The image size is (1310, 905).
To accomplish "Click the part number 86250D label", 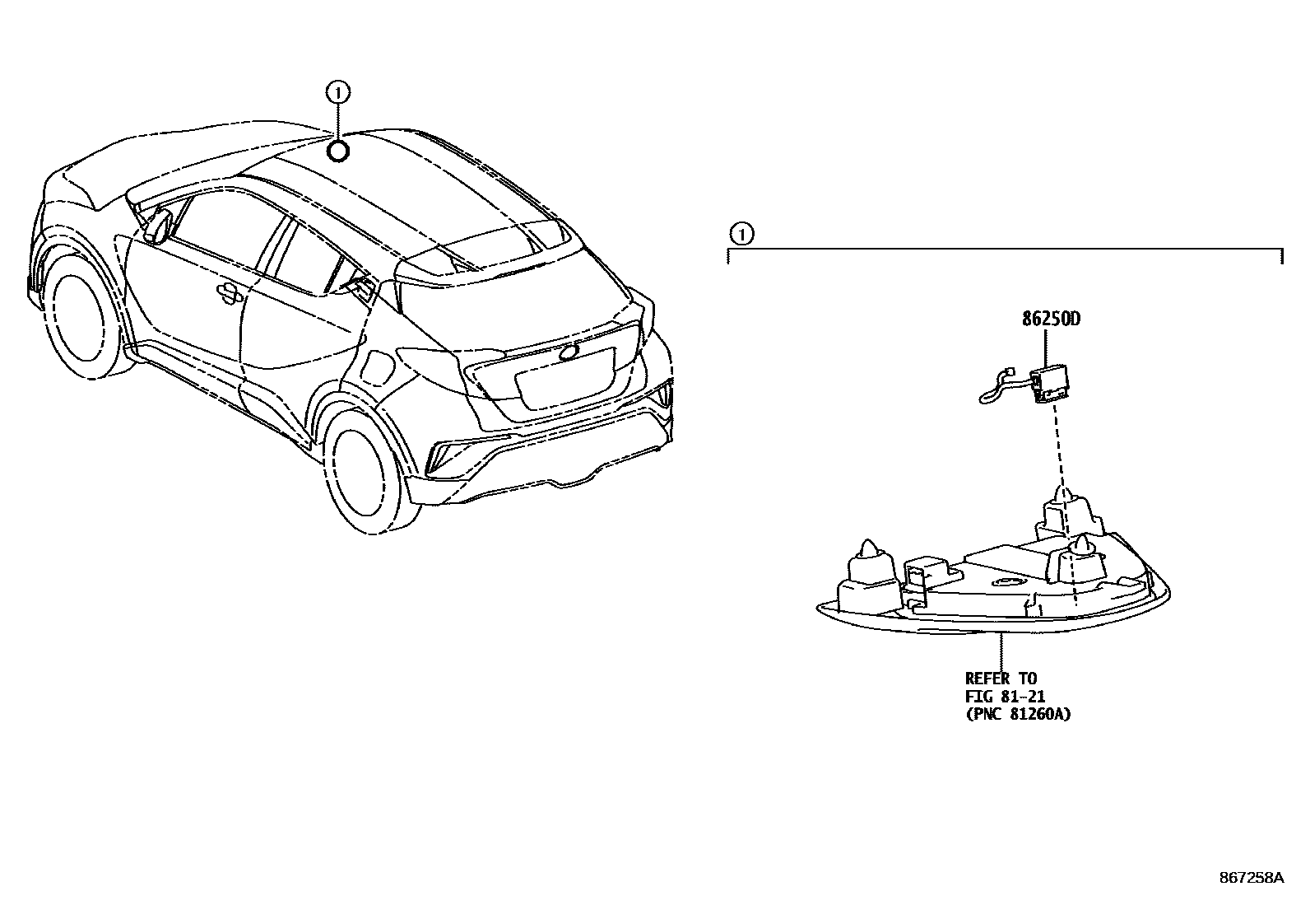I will [1051, 319].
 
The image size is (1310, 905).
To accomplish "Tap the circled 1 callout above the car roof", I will [337, 93].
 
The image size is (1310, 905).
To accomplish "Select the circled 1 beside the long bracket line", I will [741, 235].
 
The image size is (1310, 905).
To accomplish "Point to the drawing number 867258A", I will [1250, 878].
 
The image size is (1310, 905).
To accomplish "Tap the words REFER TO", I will [1001, 679].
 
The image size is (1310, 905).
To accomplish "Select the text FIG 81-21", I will [1005, 697].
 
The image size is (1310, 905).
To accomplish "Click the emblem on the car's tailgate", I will [568, 352].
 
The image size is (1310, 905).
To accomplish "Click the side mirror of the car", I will [158, 226].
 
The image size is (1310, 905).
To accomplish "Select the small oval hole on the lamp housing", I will [1006, 583].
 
